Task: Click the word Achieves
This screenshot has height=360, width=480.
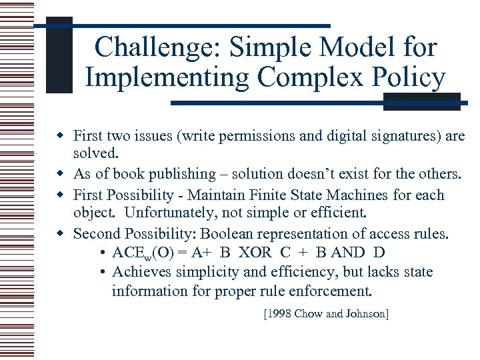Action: (x=140, y=272)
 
